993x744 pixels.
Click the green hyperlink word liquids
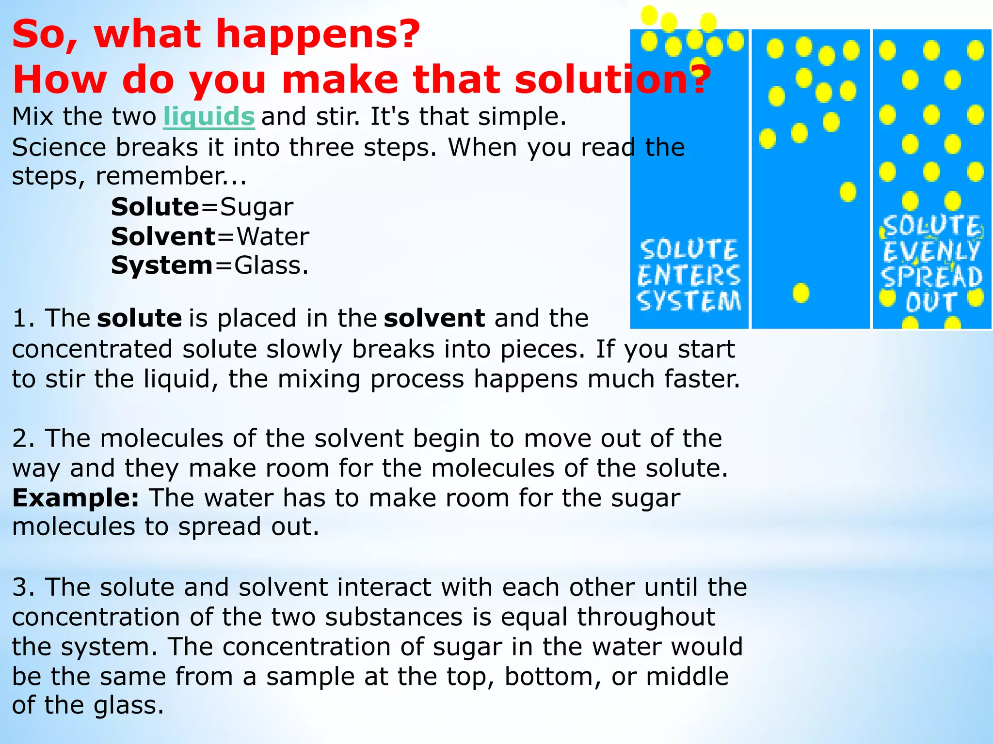[208, 117]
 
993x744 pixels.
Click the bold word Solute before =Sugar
[155, 207]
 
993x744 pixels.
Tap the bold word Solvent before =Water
[163, 237]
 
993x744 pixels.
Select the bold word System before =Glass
[161, 266]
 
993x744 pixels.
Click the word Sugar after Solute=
[256, 208]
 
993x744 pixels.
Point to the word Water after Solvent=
[273, 237]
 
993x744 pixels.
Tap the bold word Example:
[76, 498]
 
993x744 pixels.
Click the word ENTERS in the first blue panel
[689, 275]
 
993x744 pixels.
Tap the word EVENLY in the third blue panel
[931, 251]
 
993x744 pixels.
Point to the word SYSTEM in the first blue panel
[689, 301]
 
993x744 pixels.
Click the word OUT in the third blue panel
[931, 302]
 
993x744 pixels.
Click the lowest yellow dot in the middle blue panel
[801, 293]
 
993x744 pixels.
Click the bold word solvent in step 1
[434, 319]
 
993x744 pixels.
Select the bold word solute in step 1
[139, 319]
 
